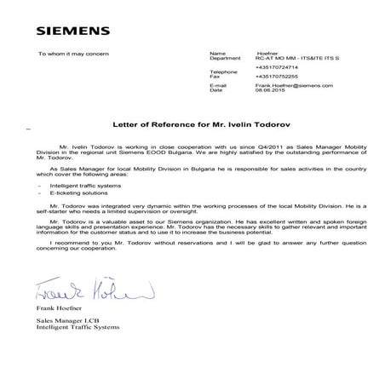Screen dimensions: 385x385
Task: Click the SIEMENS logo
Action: [73, 32]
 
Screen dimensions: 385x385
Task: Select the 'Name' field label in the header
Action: [217, 53]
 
